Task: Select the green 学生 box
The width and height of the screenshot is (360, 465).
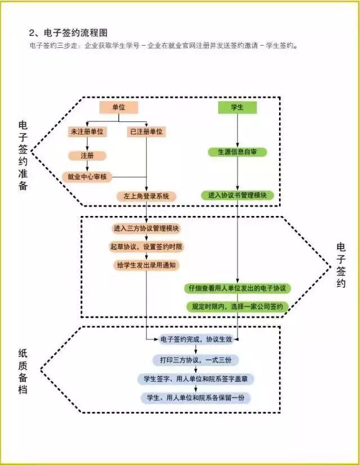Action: point(237,107)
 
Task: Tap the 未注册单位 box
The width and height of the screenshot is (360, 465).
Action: point(87,132)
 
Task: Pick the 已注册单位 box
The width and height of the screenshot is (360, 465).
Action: point(146,132)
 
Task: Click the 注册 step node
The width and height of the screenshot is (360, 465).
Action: point(87,155)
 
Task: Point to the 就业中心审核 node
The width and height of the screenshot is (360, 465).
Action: point(87,177)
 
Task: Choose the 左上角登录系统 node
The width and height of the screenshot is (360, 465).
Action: point(146,196)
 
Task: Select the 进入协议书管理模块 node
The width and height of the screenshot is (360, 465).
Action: point(237,195)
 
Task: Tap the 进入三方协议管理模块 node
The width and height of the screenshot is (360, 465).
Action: point(146,228)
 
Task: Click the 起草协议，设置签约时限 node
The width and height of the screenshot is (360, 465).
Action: point(146,246)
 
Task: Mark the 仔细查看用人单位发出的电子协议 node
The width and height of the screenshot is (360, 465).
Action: point(237,288)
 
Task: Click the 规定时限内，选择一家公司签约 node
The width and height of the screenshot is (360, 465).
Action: point(237,306)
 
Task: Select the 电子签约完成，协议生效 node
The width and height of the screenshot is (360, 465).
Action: point(196,340)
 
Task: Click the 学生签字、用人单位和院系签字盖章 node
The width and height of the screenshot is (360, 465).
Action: point(196,379)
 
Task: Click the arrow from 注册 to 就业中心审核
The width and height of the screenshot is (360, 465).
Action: point(87,166)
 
